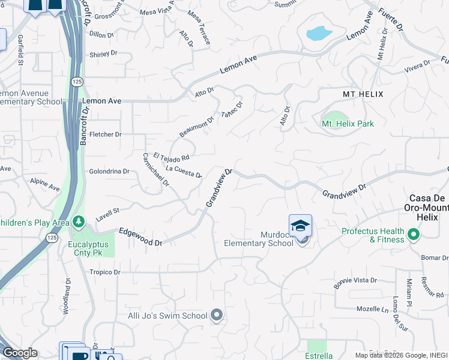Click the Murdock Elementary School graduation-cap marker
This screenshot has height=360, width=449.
[300, 226]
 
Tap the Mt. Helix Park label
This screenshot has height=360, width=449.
[348, 124]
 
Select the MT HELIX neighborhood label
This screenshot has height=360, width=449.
[363, 95]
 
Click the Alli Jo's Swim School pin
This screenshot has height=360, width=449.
[217, 315]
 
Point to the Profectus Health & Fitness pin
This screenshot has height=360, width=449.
[414, 234]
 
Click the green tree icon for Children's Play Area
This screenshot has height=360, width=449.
[79, 223]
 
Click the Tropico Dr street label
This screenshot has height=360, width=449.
[104, 272]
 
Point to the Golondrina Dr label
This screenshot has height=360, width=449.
[109, 172]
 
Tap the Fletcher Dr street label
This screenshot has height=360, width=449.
[106, 134]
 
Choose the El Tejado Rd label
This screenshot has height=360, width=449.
[171, 156]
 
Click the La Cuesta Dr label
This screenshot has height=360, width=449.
[183, 172]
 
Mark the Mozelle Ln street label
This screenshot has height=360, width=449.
[372, 309]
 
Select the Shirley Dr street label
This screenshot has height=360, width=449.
[103, 55]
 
